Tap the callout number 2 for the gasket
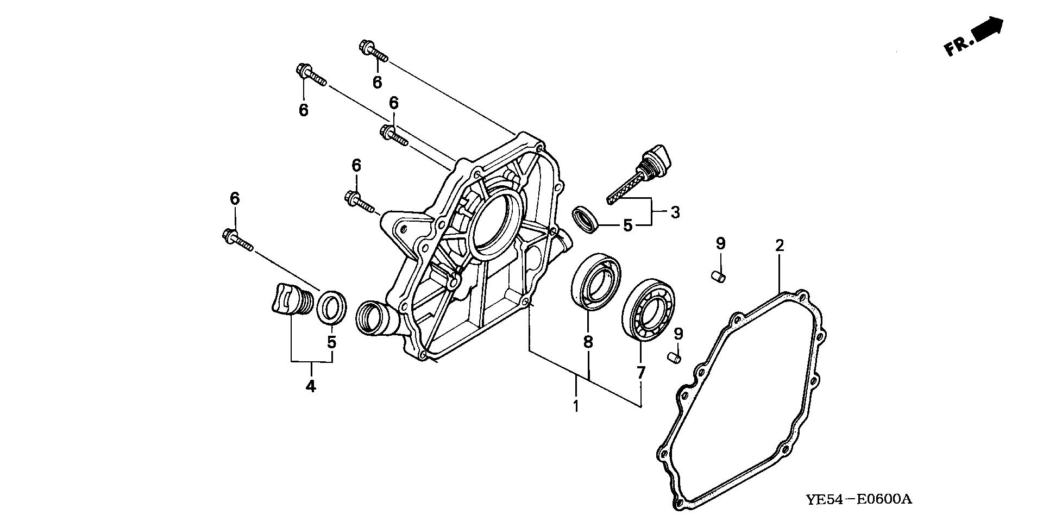780,246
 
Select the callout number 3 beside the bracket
675,212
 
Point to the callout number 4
311,386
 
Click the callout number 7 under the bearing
641,373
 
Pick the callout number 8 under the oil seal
588,342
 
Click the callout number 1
576,405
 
